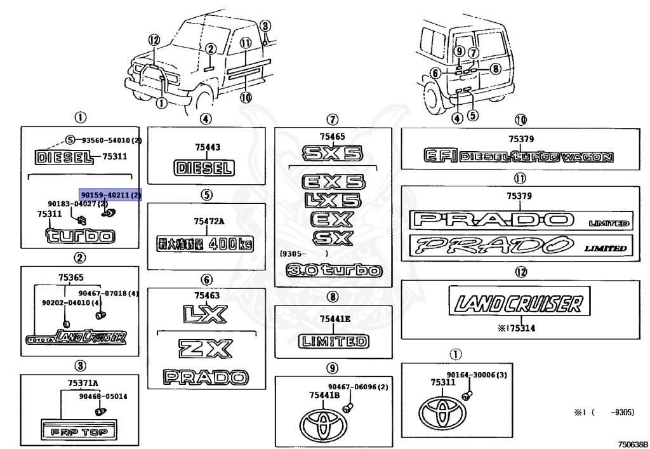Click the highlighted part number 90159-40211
tap(110, 194)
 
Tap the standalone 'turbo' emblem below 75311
tap(80, 236)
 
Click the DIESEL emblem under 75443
tap(204, 168)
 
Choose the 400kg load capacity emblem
tap(204, 243)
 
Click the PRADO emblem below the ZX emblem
tap(204, 377)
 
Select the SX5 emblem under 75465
tap(332, 152)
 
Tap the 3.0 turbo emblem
tap(334, 271)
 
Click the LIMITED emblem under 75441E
tap(333, 342)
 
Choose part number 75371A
tap(84, 383)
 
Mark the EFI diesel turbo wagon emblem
tap(519, 156)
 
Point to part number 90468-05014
tap(103, 396)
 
